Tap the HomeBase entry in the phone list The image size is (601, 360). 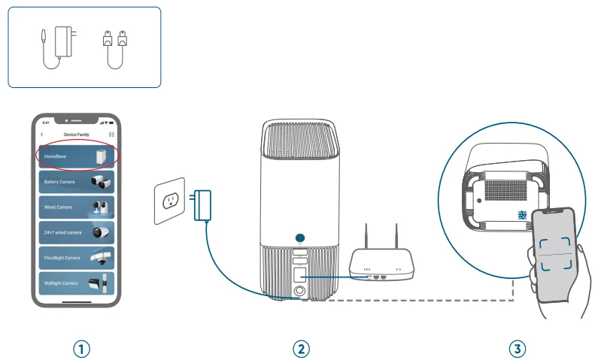click(75, 156)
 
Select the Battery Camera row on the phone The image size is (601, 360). click(76, 182)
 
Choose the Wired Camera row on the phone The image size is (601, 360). click(76, 207)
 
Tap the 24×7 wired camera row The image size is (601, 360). click(76, 233)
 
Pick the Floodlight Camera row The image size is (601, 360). click(76, 258)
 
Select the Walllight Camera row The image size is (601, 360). click(76, 283)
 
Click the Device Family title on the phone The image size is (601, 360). click(75, 134)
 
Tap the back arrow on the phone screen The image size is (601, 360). click(42, 134)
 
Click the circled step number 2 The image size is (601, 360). click(301, 348)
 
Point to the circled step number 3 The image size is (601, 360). click(517, 348)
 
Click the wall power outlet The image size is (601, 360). click(169, 201)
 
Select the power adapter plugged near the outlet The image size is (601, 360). click(202, 204)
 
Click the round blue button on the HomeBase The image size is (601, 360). click(299, 238)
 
